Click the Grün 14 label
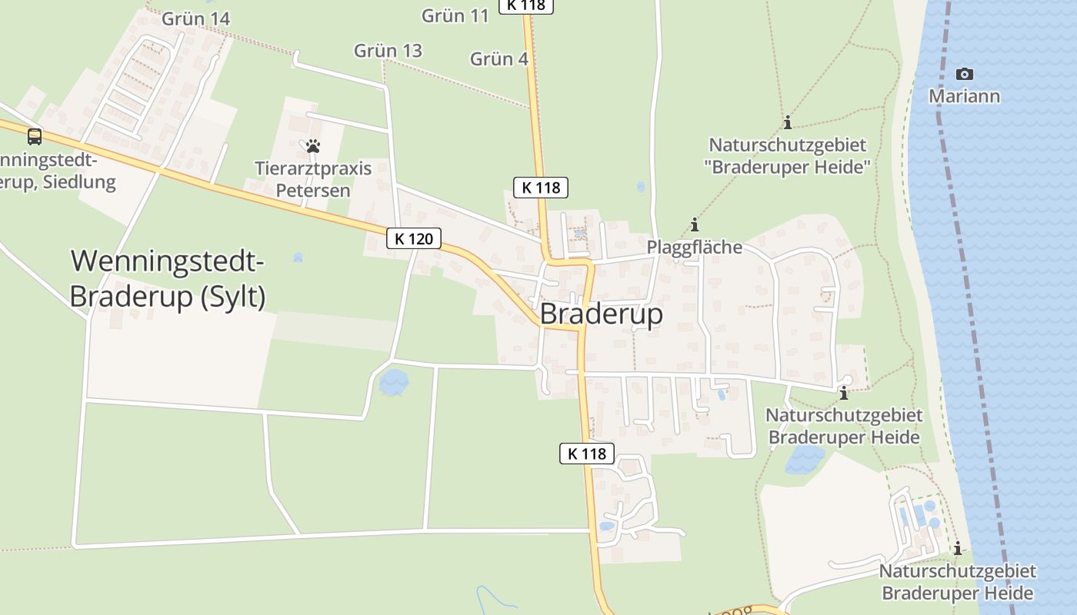click(195, 18)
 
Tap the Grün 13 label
click(388, 51)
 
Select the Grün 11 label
click(455, 15)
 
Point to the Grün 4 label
click(498, 58)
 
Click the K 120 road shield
click(414, 239)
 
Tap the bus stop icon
click(35, 137)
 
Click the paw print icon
click(312, 145)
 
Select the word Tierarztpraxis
click(313, 168)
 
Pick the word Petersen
click(313, 190)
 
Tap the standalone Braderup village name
click(601, 314)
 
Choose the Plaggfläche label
click(695, 247)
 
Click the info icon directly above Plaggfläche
click(695, 225)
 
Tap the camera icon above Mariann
click(964, 74)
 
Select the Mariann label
click(964, 96)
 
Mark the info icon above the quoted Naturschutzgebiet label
click(787, 122)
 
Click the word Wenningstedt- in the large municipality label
click(168, 261)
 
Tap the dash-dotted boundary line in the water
click(972, 307)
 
